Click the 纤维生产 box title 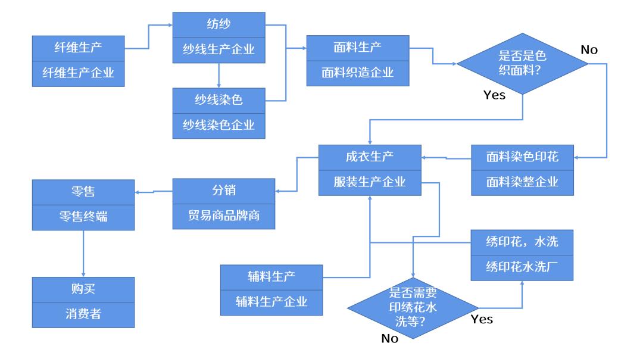click(x=78, y=47)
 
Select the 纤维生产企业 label click(x=78, y=72)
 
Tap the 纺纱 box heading click(x=219, y=24)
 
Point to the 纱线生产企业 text click(x=219, y=49)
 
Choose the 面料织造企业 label click(x=358, y=73)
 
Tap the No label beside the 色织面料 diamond click(x=589, y=50)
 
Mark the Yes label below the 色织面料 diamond click(x=494, y=95)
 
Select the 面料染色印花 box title click(x=523, y=157)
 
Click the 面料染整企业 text click(x=523, y=182)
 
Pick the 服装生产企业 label click(x=370, y=182)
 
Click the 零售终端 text click(x=83, y=218)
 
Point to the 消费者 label click(x=83, y=314)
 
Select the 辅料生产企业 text click(x=271, y=301)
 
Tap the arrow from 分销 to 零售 click(x=154, y=192)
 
